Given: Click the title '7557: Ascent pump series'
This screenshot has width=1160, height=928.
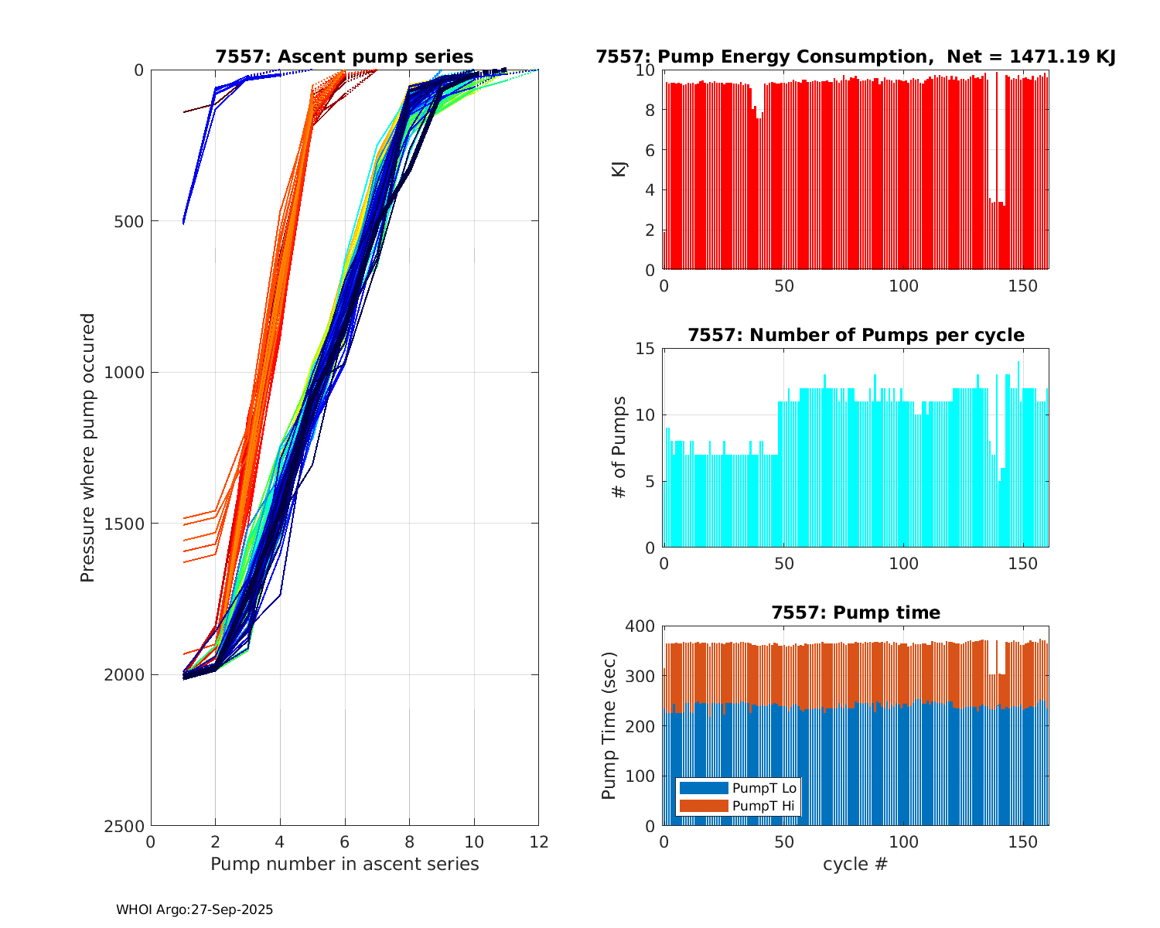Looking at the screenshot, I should coord(344,56).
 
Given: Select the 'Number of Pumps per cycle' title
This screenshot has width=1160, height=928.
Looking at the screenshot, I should coord(855,335).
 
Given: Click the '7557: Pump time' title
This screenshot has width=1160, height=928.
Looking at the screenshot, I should coord(855,612).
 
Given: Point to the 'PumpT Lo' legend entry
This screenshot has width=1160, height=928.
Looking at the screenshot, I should coord(764,788).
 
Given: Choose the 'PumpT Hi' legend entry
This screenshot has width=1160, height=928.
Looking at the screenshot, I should coord(763,806).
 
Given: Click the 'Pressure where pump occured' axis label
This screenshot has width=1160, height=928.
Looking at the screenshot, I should coord(88,447).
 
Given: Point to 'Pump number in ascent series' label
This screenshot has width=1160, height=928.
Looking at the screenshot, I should coord(344,864).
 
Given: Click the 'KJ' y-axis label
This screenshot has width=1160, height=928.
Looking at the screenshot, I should coord(619,169).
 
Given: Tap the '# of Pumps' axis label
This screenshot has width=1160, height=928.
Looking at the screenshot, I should coord(619,447).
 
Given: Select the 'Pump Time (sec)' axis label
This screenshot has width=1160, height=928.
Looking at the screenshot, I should coord(609,725).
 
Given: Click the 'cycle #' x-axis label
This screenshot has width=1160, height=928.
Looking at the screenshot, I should coord(855,864).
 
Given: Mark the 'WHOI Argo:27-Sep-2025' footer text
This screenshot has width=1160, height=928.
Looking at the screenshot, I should coord(194,910).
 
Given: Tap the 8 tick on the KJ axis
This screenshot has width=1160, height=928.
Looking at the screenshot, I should coord(650,111).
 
